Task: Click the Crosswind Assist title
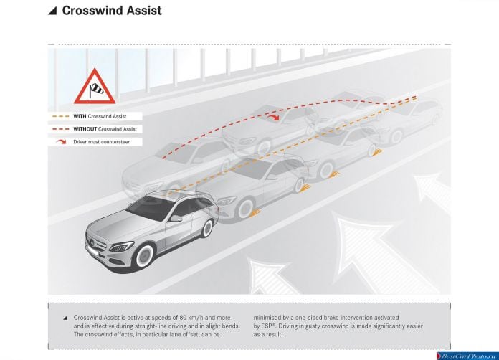click(x=112, y=11)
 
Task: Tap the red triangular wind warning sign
click(x=95, y=87)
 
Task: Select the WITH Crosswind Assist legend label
click(x=100, y=116)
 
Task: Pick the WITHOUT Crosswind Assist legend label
click(x=105, y=129)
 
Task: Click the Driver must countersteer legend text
click(x=102, y=142)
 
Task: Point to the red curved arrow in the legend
click(x=61, y=142)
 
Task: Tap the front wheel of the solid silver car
click(x=145, y=255)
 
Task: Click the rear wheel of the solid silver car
click(x=207, y=228)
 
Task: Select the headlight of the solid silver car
click(x=122, y=247)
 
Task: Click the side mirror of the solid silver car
click(x=176, y=218)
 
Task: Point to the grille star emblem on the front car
click(x=92, y=242)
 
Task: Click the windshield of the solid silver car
click(x=150, y=207)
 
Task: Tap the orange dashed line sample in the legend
click(x=60, y=116)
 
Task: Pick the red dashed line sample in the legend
click(x=60, y=129)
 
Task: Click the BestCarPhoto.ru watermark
click(x=467, y=356)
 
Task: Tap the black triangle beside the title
click(x=52, y=11)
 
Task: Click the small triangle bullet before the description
click(x=65, y=318)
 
